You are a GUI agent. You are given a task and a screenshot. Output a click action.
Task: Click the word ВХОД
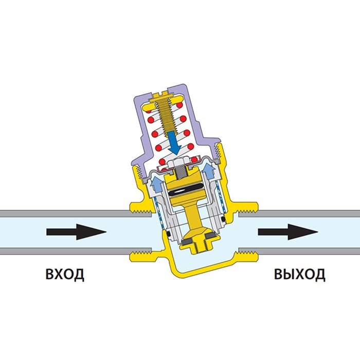click(x=65, y=274)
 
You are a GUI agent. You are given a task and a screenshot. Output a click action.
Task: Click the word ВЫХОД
click(x=299, y=274)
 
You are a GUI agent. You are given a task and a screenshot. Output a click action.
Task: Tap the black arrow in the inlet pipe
click(x=76, y=232)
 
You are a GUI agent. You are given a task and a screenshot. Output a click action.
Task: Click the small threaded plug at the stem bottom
click(x=196, y=243)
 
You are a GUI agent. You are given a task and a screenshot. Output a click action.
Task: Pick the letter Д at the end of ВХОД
click(x=78, y=274)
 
